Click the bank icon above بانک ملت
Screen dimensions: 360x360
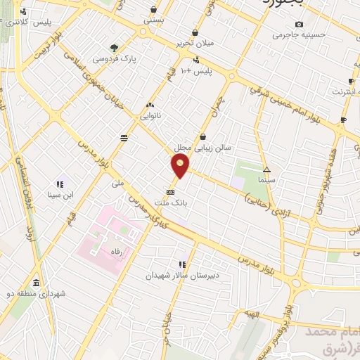(170, 191)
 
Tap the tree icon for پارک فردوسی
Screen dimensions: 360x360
(114, 48)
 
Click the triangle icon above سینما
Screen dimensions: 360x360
(266, 169)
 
